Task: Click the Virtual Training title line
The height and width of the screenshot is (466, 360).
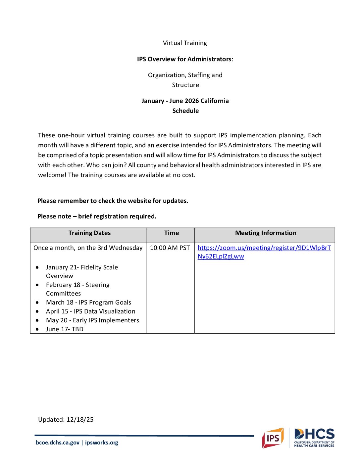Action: tap(185, 43)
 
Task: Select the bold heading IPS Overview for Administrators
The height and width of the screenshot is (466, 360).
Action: tap(184, 59)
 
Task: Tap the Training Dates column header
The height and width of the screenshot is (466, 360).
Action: tap(89, 233)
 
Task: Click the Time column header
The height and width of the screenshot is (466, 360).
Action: tap(171, 233)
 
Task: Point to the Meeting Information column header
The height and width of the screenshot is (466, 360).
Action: tap(266, 233)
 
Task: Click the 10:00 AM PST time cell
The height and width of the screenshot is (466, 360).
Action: tap(170, 248)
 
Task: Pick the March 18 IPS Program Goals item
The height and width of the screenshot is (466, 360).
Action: tap(88, 303)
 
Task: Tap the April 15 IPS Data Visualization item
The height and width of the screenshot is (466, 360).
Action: tap(90, 311)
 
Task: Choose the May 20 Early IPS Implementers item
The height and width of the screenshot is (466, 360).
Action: tap(92, 320)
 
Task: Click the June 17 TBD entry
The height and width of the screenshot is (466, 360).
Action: tap(65, 329)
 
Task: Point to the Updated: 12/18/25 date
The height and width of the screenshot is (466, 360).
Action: tap(66, 420)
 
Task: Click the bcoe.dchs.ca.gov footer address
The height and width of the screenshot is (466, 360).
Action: tap(58, 443)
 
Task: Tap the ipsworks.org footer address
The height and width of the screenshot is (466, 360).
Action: tap(102, 443)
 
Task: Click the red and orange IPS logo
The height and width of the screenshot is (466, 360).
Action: tap(273, 438)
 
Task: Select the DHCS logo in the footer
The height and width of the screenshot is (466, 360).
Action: tap(314, 438)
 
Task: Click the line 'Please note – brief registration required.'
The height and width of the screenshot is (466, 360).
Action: tap(97, 216)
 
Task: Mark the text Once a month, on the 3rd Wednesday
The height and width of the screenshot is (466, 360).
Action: tap(88, 248)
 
